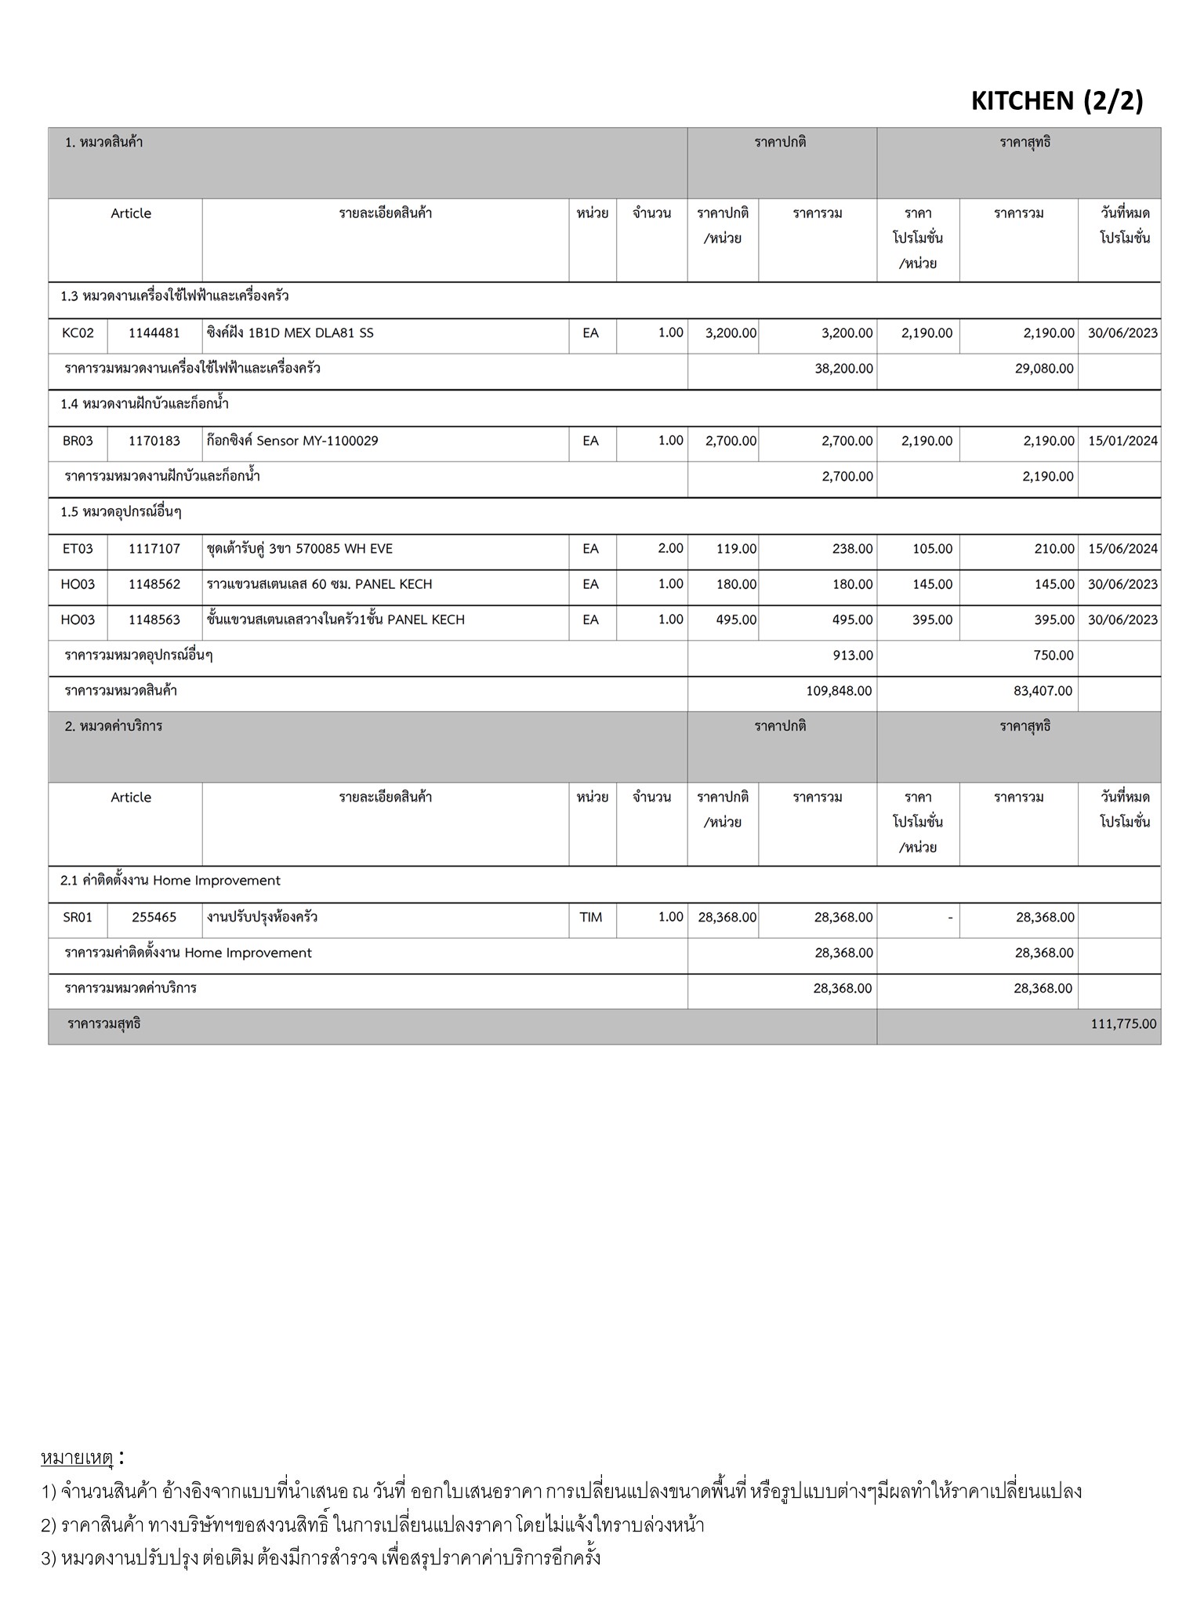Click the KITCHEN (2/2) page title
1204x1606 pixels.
[1057, 101]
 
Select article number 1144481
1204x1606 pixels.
[154, 333]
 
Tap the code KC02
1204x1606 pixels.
[78, 333]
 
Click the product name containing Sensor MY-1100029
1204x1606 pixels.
[292, 441]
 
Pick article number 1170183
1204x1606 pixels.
[154, 441]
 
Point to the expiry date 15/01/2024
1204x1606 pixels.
[1122, 441]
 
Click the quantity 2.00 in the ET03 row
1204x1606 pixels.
[670, 549]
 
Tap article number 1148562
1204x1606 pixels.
[154, 585]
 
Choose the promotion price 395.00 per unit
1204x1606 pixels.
[932, 620]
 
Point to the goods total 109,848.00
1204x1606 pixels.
[839, 692]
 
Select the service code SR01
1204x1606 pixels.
[78, 917]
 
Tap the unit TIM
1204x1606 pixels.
[591, 917]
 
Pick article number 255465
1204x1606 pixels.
[154, 917]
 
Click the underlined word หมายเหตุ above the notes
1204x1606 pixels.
[77, 1458]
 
